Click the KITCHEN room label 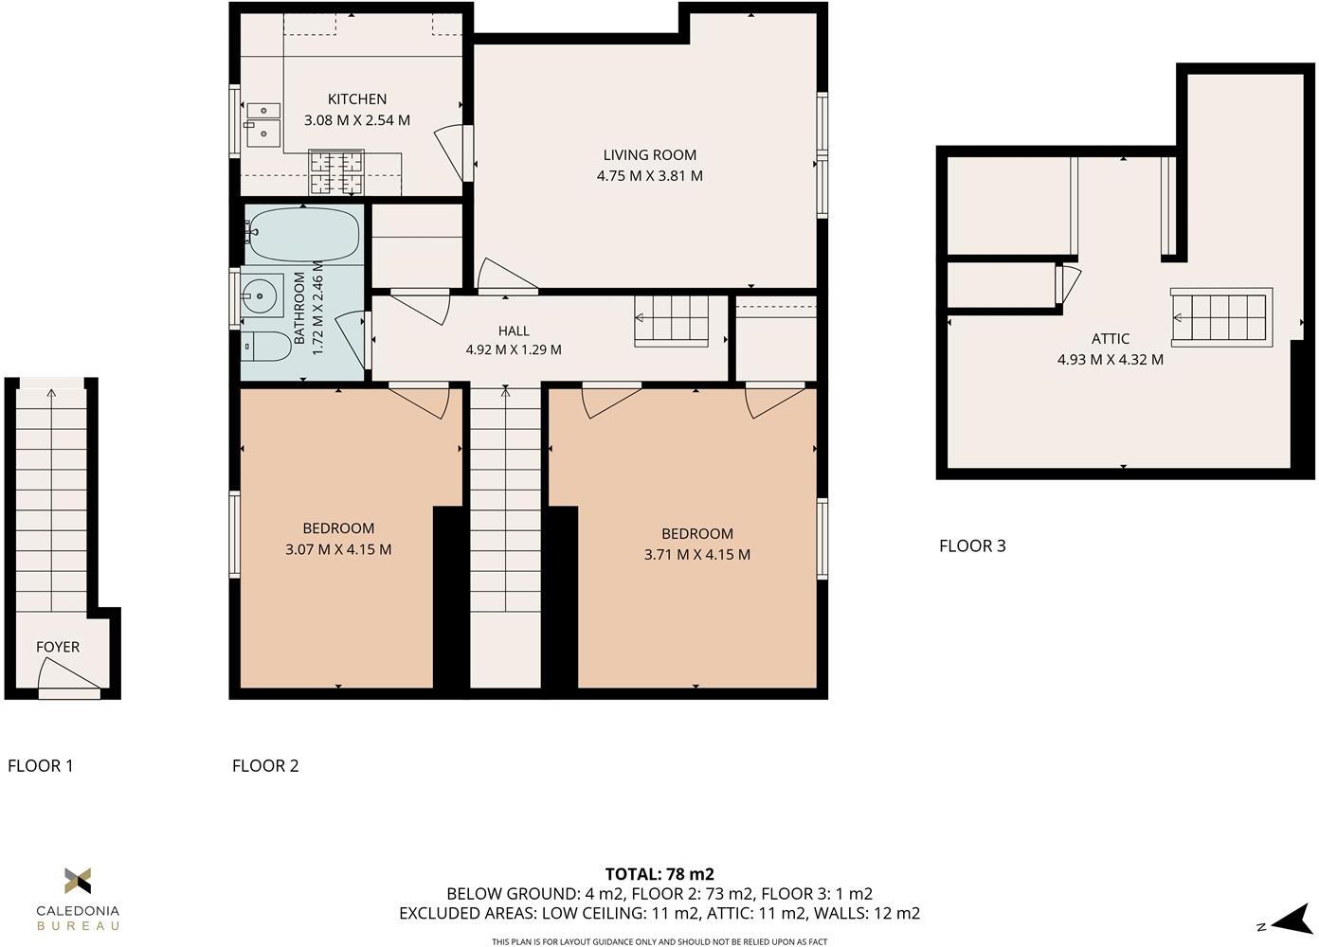coord(357,99)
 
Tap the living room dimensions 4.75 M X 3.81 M coord(649,176)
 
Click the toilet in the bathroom coord(265,347)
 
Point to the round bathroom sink coord(260,296)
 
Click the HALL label coord(514,331)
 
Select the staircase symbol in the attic coord(1220,317)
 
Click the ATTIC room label coord(1110,339)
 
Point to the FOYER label coord(58,648)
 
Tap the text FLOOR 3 coord(972,546)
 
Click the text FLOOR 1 coord(41,766)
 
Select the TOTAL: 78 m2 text coord(659,874)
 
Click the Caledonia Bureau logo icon coord(78,881)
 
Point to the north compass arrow coord(1290,920)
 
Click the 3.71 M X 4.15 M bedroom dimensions coord(696,555)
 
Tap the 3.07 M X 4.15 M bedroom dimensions coord(338,549)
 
